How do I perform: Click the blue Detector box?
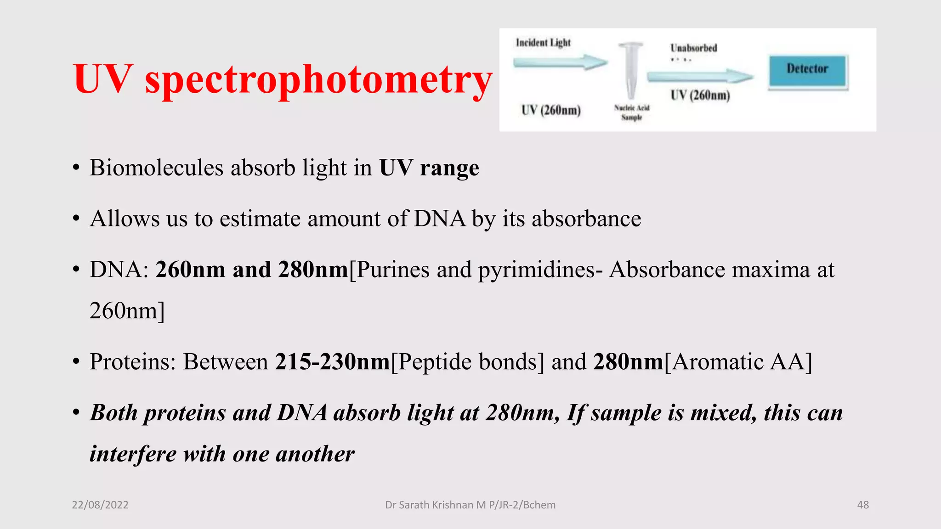coord(807,71)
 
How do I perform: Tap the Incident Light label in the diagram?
coord(543,43)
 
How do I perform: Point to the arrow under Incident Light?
coord(560,62)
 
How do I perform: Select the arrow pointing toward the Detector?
coord(699,76)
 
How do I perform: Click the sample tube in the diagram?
coord(631,69)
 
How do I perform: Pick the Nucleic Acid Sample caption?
coord(632,113)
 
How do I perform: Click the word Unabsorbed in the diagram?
coord(693,48)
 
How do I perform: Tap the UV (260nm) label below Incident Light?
coord(551,110)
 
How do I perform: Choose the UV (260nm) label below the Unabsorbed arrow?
coord(700,96)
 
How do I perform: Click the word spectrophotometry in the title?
coord(318,79)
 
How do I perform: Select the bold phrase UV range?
coord(429,168)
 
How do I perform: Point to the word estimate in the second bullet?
coord(260,219)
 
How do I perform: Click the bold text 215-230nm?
coord(333,362)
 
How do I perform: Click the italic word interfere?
coord(133,454)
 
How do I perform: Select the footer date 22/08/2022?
coord(100,505)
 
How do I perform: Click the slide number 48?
coord(863,505)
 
